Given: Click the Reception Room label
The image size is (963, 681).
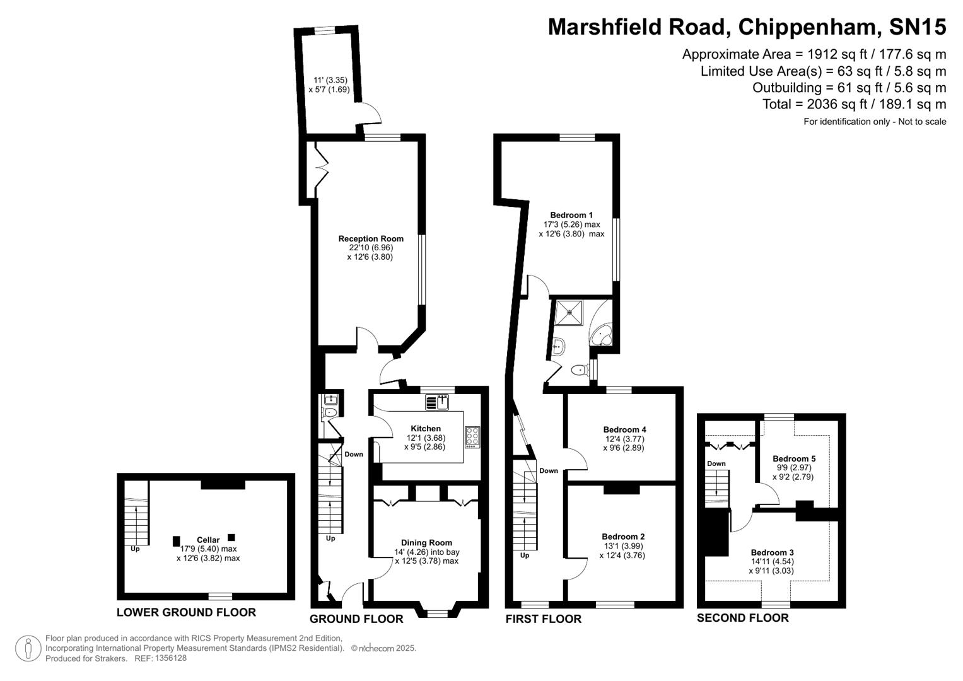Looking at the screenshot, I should point(371,238).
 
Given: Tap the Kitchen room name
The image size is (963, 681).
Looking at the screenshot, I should point(426,428).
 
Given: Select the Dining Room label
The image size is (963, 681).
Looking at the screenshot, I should point(426,542).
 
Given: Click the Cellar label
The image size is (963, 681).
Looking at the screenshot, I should point(208,540).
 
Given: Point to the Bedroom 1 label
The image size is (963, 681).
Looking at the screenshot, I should point(571,215).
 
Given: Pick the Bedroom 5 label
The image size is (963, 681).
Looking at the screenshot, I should point(794,458).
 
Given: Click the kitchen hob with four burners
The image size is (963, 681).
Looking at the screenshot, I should point(472,436).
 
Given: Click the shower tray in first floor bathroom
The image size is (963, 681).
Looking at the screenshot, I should point(569,311).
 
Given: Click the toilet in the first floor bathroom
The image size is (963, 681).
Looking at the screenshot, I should point(578,370).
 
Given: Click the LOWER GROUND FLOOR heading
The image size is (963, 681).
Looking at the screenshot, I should point(186,612).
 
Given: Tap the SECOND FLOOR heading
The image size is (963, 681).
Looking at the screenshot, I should point(742,618).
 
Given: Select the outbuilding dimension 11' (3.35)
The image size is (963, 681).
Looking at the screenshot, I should point(330,80).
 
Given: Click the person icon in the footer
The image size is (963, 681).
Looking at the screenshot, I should point(28,648).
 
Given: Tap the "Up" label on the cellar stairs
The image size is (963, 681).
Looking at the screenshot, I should point(135,549).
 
